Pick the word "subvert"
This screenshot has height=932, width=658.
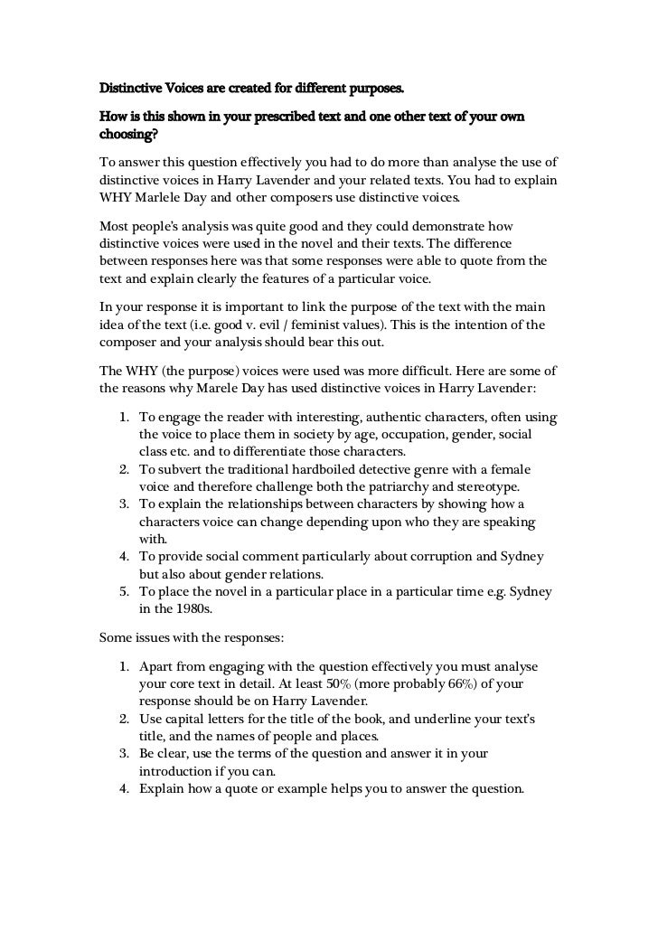point(178,470)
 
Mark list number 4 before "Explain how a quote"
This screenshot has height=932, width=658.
point(123,787)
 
